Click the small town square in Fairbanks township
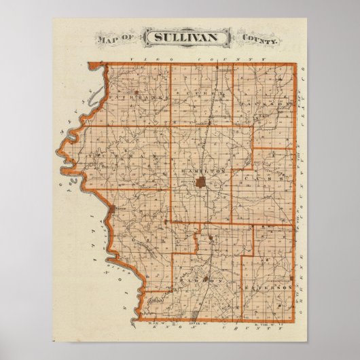click(138, 91)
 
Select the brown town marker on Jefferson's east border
click(293, 278)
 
